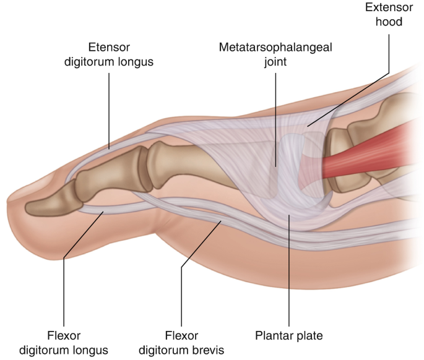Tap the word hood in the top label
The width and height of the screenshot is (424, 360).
coord(389,22)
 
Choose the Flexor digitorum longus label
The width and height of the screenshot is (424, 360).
coord(64,343)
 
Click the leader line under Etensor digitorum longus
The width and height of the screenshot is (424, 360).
coord(109,111)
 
